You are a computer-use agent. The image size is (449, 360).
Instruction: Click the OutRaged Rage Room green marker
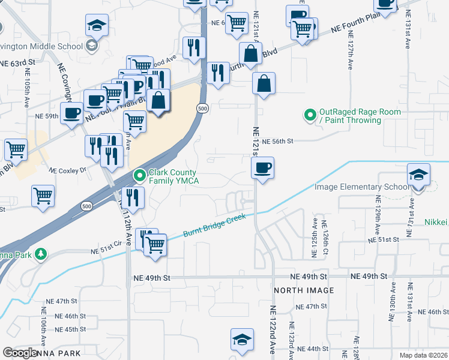[310, 114]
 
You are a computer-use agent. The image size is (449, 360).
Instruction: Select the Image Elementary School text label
[362, 187]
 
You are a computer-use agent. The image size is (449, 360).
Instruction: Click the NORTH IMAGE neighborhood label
[304, 290]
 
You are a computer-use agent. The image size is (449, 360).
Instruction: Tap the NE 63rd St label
[18, 62]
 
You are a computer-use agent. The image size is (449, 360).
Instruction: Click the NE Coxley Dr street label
[68, 170]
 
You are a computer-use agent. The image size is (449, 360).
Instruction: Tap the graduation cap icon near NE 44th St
[242, 339]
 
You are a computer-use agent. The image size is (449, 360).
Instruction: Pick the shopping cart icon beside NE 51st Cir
[155, 245]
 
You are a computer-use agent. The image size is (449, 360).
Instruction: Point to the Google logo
[20, 353]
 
